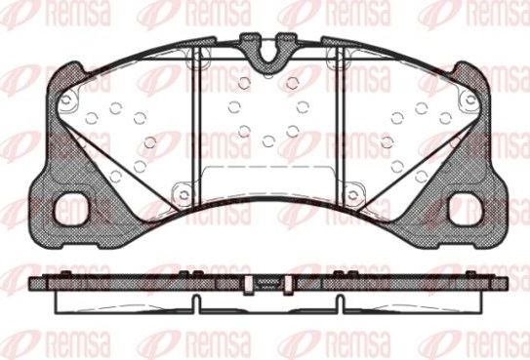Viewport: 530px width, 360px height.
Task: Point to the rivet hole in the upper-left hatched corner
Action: (65, 100)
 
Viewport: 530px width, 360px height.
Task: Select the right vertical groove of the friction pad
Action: (337, 122)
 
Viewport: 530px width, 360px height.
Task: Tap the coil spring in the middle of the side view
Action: (265, 283)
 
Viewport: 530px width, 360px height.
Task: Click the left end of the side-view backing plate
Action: (35, 283)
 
